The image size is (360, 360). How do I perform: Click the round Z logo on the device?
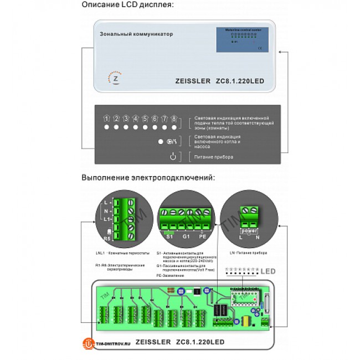[x=116, y=79]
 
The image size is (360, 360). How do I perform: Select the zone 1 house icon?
[x=106, y=119]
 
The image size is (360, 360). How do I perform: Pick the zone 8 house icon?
[x=174, y=119]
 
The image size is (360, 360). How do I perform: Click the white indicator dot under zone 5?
[x=145, y=128]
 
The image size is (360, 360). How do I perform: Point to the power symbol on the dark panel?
[x=173, y=157]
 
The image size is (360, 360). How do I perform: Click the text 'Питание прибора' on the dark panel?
[x=214, y=157]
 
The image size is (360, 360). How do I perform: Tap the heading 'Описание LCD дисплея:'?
[x=127, y=5]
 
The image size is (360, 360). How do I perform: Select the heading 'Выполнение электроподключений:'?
[x=147, y=178]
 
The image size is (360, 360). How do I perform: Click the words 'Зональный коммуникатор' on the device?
[x=136, y=34]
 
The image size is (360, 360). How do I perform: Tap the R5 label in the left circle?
[x=108, y=238]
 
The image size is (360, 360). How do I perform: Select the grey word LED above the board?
[x=268, y=271]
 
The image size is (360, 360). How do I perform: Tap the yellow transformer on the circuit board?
[x=243, y=321]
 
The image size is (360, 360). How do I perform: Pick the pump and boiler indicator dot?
[x=160, y=142]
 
